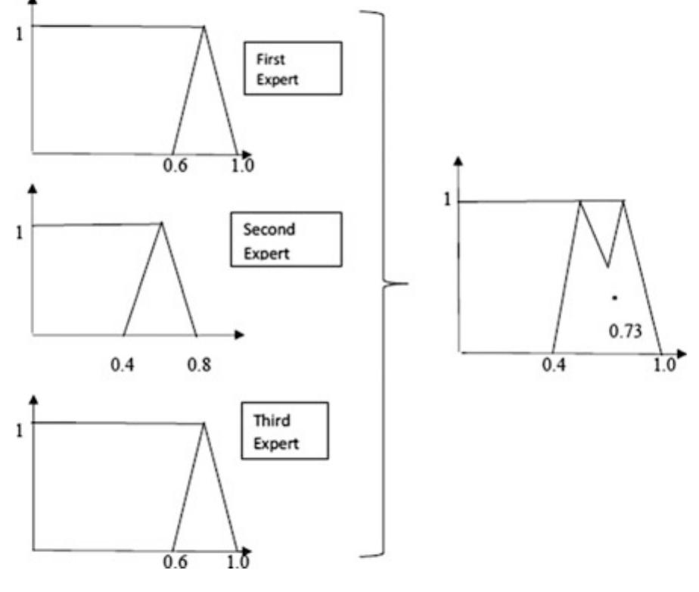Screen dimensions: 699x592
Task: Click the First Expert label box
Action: coord(293,68)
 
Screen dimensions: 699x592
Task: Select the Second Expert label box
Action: coord(286,239)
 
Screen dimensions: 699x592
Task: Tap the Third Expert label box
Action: coord(285,431)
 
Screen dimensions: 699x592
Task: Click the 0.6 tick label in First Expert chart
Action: coord(176,166)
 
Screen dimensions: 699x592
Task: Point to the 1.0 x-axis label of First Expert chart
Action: coord(243,166)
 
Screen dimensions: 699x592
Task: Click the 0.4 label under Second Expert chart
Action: coord(122,365)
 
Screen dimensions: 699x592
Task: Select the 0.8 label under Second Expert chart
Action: coord(199,365)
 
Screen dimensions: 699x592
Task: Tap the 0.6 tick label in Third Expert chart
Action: coord(176,561)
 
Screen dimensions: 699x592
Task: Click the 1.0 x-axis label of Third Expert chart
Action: coord(238,561)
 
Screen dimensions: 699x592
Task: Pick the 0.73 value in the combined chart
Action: coord(626,332)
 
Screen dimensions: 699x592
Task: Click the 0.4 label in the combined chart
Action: coord(554,365)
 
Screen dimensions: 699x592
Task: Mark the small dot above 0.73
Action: coord(615,298)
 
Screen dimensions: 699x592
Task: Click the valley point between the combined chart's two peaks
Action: coord(607,266)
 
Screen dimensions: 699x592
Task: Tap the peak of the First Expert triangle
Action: coord(204,26)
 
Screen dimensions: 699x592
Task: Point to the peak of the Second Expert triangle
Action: coord(161,223)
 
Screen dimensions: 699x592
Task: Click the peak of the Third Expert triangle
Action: coord(204,423)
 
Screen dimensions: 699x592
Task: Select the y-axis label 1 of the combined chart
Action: coord(447,199)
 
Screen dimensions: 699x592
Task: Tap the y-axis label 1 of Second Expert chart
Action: coord(19,232)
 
